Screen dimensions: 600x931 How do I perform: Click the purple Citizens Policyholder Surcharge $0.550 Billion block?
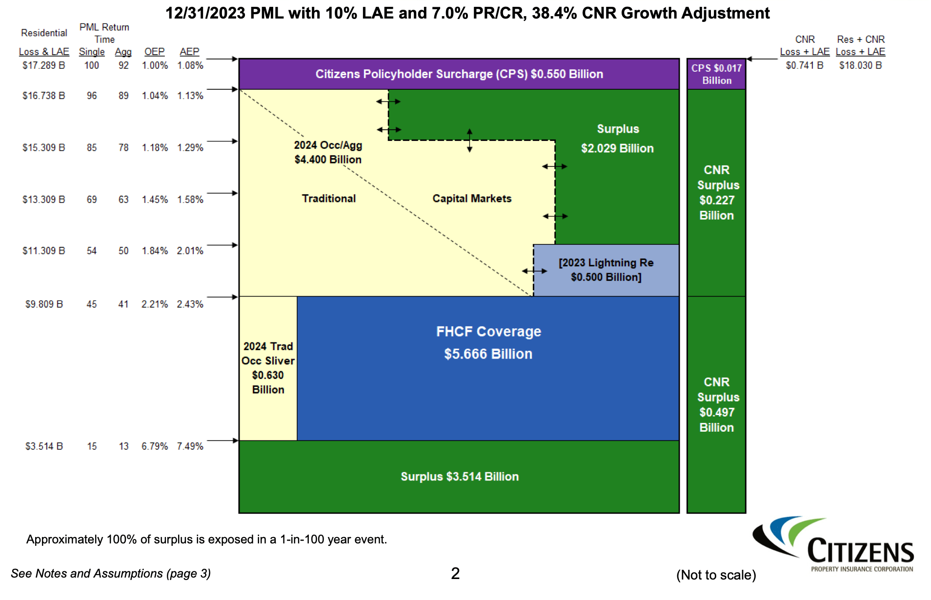click(459, 74)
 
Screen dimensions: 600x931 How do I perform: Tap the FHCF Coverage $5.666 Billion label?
click(488, 342)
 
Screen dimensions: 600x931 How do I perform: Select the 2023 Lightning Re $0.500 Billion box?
click(606, 270)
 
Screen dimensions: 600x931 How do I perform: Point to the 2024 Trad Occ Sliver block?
click(268, 368)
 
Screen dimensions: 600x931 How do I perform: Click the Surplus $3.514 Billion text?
click(459, 477)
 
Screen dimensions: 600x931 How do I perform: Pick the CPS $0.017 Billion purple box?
click(716, 74)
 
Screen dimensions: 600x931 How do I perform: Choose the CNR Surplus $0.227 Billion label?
click(716, 193)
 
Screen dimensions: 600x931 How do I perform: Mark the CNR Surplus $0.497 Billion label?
click(716, 405)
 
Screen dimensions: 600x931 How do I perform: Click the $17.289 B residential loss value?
click(43, 65)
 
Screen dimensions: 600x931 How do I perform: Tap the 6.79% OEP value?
click(154, 446)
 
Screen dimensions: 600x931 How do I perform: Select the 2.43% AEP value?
click(190, 304)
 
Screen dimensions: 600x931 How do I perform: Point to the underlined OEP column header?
click(154, 52)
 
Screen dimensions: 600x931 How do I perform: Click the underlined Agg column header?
click(123, 52)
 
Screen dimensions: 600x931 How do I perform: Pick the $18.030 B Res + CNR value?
click(860, 65)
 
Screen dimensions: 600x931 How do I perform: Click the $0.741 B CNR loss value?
click(804, 65)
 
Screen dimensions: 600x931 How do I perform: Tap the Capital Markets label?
click(472, 199)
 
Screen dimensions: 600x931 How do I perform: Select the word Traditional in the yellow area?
click(328, 199)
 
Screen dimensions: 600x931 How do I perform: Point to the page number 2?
click(455, 574)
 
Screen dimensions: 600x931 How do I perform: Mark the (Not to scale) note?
click(716, 575)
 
